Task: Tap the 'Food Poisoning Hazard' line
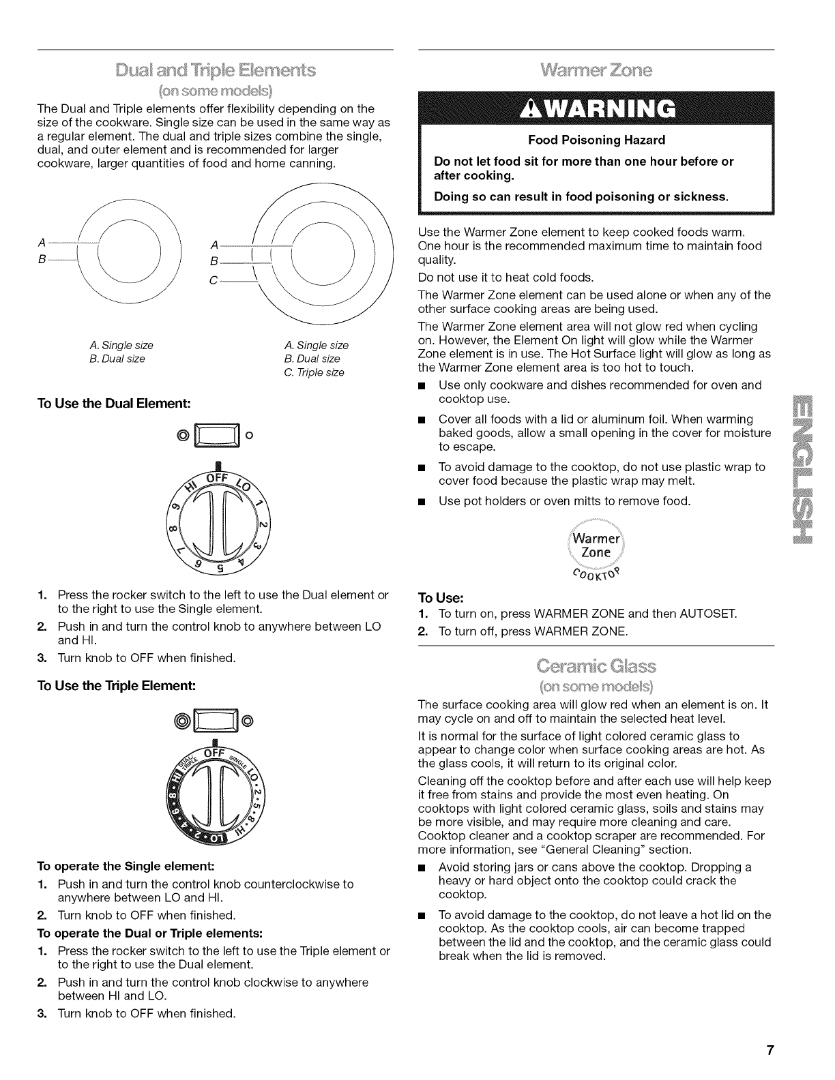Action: (x=596, y=140)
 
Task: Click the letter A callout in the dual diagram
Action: (x=42, y=242)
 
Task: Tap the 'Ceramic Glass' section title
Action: (x=596, y=665)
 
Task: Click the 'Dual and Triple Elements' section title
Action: (x=216, y=71)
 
